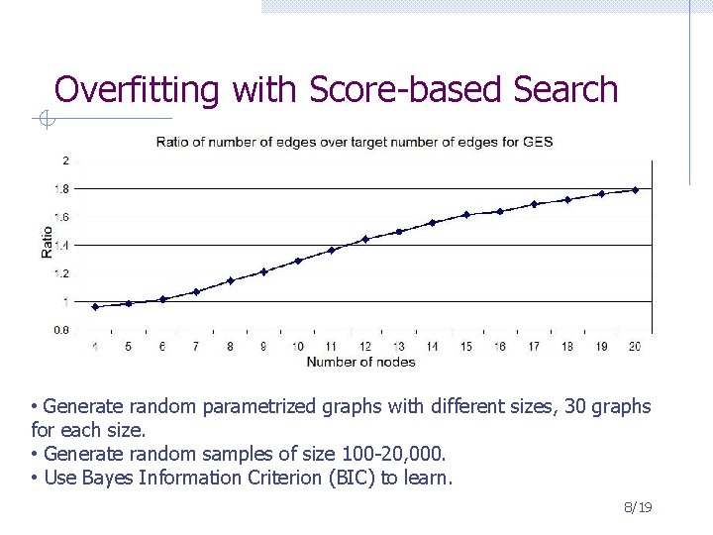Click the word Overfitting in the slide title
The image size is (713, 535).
point(136,90)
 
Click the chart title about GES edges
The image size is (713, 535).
point(354,142)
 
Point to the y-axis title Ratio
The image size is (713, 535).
point(47,243)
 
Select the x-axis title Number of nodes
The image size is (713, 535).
point(360,362)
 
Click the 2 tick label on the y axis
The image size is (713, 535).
point(65,160)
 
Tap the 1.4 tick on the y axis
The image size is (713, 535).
point(61,245)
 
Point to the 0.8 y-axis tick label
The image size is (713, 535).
point(61,330)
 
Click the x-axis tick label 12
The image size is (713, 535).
point(364,347)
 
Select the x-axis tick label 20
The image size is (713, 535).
point(635,347)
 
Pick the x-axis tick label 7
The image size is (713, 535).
point(196,347)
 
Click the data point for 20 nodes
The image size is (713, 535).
point(635,190)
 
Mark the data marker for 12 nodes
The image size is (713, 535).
point(365,239)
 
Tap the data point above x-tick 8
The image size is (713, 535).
point(230,280)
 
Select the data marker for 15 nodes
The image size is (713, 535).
point(466,215)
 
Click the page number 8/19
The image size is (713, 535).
point(638,508)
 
